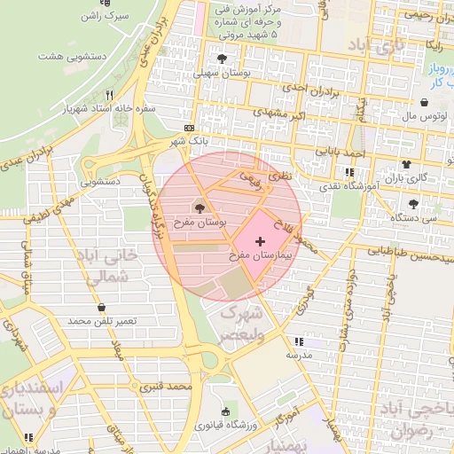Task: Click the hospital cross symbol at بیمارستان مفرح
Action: click(259, 241)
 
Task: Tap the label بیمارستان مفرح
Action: click(260, 254)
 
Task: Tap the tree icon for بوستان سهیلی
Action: click(219, 59)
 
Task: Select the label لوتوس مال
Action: click(416, 115)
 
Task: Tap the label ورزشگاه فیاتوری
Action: click(227, 425)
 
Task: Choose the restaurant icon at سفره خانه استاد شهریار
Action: click(109, 94)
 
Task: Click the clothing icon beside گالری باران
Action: click(406, 164)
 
